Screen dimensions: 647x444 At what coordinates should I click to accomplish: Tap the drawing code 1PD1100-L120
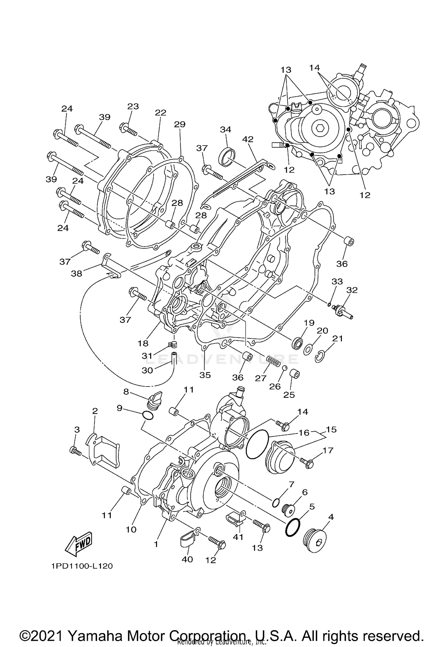tap(82, 566)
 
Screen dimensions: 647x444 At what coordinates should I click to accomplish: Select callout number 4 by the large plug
tap(331, 517)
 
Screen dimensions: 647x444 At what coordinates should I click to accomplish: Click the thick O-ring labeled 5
tap(293, 527)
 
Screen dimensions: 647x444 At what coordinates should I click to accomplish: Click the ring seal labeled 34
tap(227, 156)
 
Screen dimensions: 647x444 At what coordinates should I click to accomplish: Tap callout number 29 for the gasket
tap(180, 124)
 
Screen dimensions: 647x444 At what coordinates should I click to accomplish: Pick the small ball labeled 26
tap(284, 368)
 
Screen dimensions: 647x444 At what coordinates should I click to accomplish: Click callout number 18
tap(143, 343)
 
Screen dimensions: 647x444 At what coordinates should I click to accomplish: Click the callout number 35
tap(205, 375)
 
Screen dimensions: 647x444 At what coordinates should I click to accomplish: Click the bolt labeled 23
tap(128, 129)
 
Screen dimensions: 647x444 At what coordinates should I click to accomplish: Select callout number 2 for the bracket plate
tap(95, 411)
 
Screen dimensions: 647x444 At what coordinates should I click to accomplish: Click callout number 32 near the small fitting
tap(352, 290)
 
